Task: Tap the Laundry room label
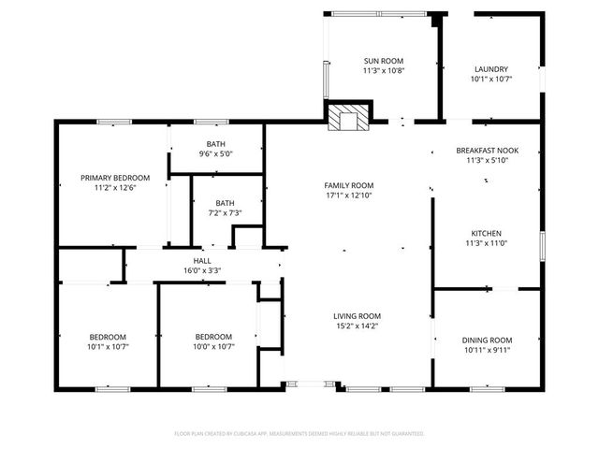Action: (x=490, y=69)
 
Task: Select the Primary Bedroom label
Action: (x=114, y=178)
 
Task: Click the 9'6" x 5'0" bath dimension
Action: (x=215, y=154)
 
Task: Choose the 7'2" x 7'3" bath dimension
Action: (x=225, y=213)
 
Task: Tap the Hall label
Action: (x=201, y=261)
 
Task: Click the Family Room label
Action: (x=348, y=185)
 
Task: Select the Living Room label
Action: (x=356, y=316)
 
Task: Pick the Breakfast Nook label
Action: (x=486, y=151)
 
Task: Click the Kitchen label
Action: (x=486, y=233)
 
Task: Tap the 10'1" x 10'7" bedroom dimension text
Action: (x=108, y=347)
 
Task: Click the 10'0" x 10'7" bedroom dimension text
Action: (x=213, y=347)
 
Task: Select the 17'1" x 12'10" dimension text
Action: (x=348, y=196)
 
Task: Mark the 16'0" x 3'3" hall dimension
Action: (x=201, y=271)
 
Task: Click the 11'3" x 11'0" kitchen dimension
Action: (x=486, y=243)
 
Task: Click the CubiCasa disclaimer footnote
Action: (x=299, y=433)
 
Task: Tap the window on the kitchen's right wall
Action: (x=541, y=246)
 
